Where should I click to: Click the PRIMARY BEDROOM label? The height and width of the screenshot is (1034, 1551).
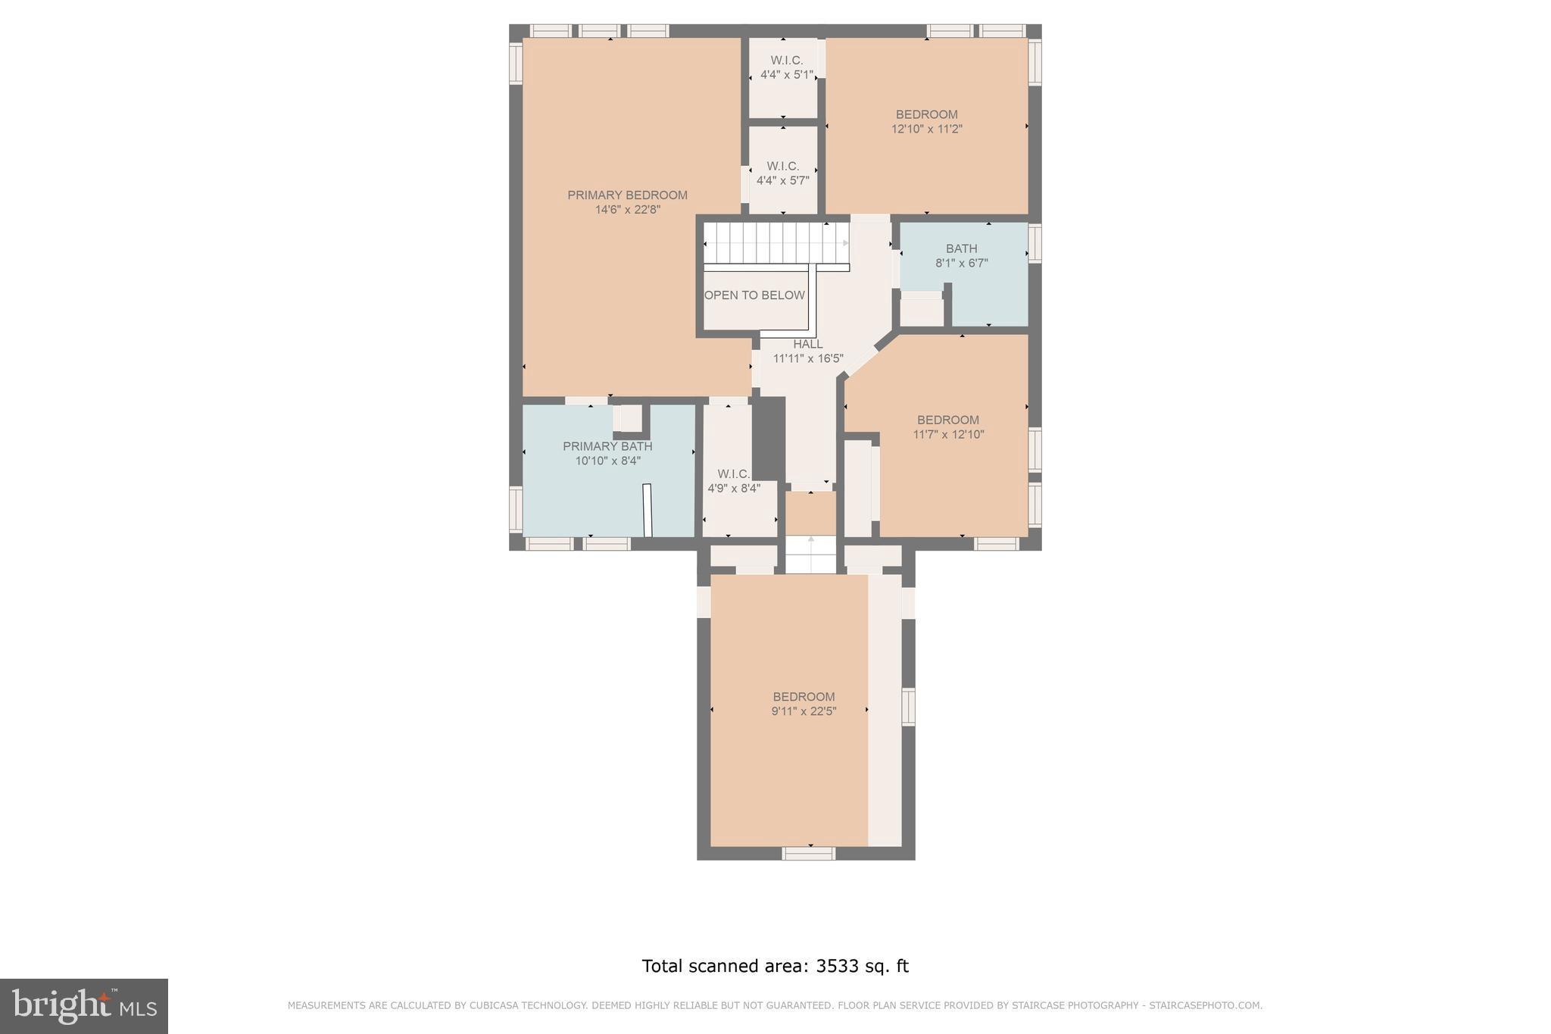click(x=627, y=195)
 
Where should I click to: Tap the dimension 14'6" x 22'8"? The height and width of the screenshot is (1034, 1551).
click(x=627, y=210)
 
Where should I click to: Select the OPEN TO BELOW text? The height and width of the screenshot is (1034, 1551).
click(x=754, y=295)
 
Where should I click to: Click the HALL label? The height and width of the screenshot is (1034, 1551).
click(x=808, y=344)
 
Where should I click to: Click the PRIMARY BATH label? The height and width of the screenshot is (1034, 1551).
click(x=607, y=446)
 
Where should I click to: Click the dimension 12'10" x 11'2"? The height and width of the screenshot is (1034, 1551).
click(x=926, y=130)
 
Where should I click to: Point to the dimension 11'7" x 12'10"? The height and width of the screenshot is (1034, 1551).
click(x=948, y=435)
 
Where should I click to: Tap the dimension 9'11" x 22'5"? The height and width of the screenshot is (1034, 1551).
click(x=804, y=711)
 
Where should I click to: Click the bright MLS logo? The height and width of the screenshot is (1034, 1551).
click(x=83, y=1005)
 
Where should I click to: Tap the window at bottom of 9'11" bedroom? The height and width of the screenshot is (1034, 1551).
click(x=808, y=854)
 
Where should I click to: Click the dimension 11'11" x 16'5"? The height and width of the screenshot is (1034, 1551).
click(x=808, y=359)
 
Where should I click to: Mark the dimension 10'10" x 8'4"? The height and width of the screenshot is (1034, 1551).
click(x=607, y=461)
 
